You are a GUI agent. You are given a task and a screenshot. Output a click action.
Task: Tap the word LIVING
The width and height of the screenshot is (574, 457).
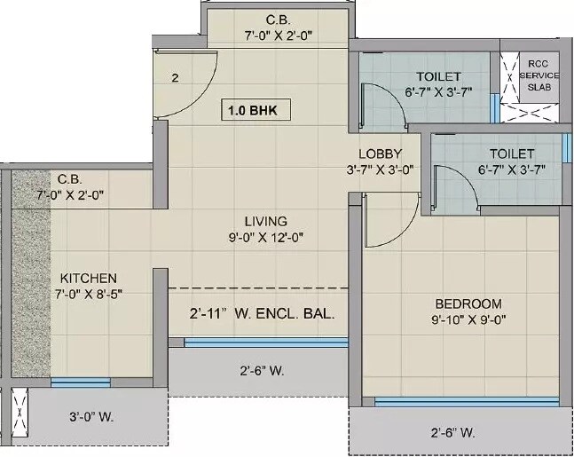266,221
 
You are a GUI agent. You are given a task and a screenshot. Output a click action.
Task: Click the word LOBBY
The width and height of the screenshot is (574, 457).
380,154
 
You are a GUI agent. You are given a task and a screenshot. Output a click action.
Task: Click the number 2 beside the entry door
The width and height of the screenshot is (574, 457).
176,78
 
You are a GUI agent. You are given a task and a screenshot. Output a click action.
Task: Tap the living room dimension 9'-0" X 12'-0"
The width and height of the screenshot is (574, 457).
266,237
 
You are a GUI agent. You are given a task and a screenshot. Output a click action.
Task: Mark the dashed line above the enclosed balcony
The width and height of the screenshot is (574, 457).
256,288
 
